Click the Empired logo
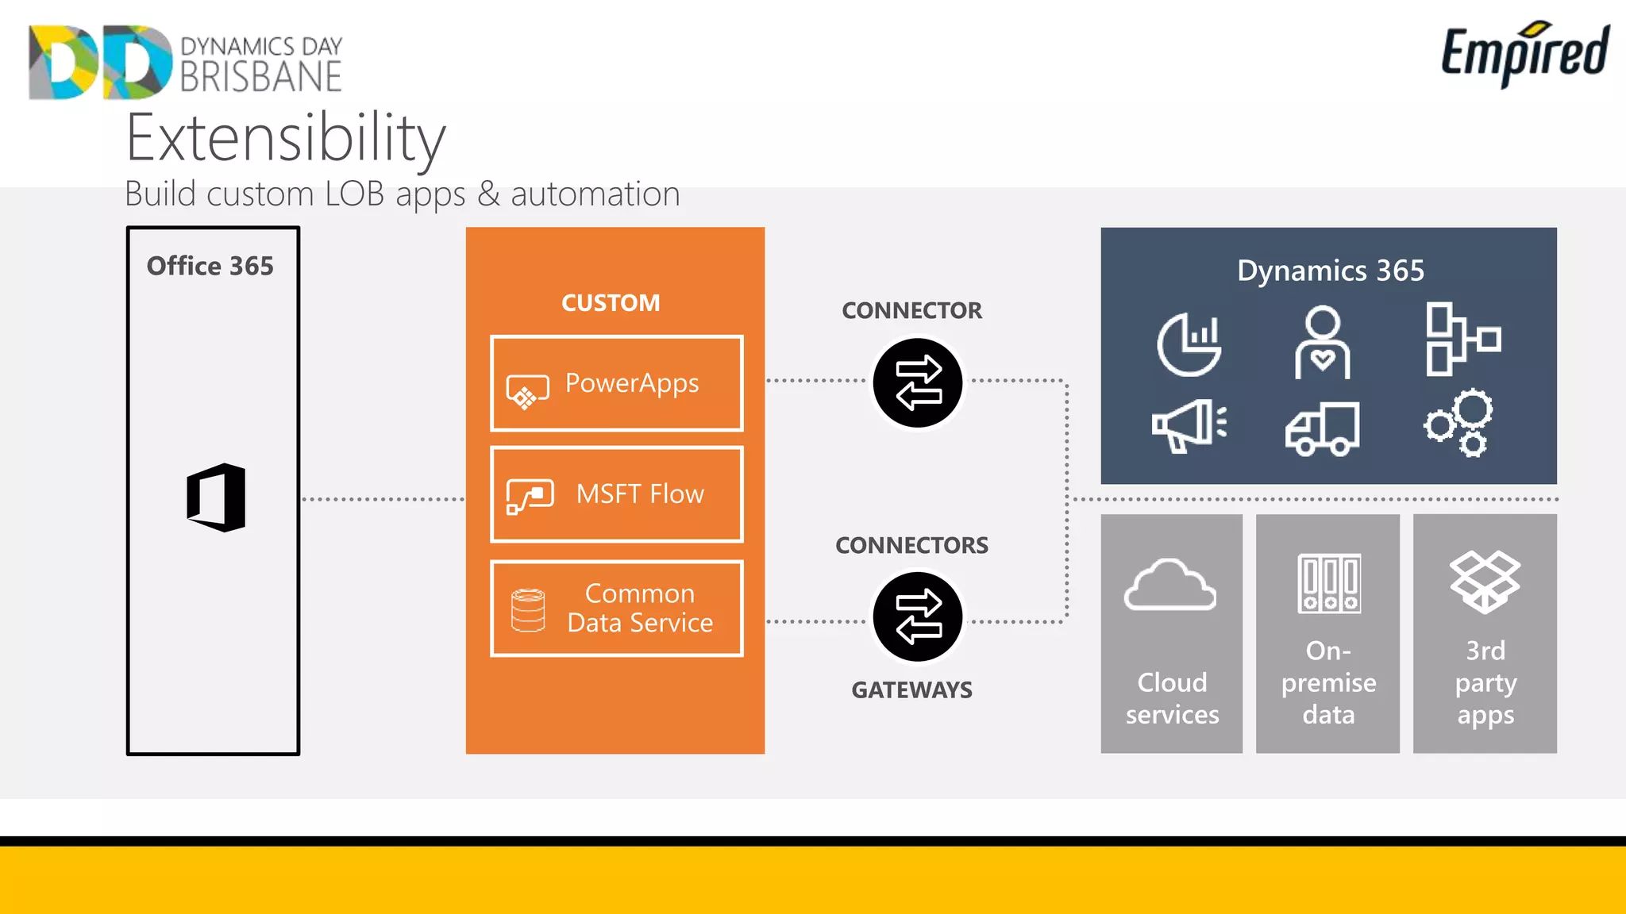pos(1524,53)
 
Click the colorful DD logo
pos(100,62)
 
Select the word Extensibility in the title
pos(286,139)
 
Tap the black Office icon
pos(216,497)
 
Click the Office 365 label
pos(210,266)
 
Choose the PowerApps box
pos(616,383)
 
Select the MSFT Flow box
pos(616,494)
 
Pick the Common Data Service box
pos(616,609)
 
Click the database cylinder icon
pos(528,610)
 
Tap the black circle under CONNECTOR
pos(918,383)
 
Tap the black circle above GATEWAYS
pos(918,616)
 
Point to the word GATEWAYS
pos(911,689)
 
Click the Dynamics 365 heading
pos(1330,271)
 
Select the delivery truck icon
pos(1322,428)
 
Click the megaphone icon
pos(1189,425)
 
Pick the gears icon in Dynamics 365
pos(1459,423)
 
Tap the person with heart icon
pos(1322,343)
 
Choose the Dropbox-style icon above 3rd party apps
pos(1485,582)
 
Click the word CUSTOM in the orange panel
pos(611,302)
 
